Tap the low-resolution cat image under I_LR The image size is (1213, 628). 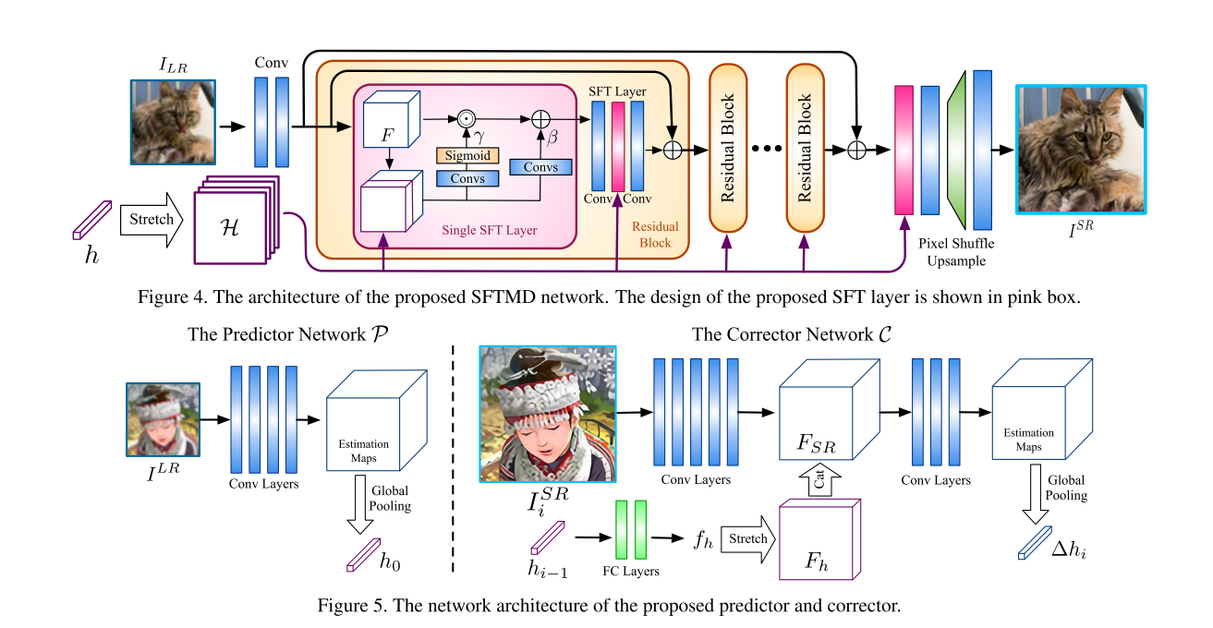[173, 122]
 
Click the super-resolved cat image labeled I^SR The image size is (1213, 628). [1080, 148]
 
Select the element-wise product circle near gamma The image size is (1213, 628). [467, 119]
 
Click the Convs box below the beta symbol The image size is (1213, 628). [541, 167]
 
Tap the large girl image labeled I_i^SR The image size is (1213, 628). [547, 415]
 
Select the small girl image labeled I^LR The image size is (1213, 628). [163, 419]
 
